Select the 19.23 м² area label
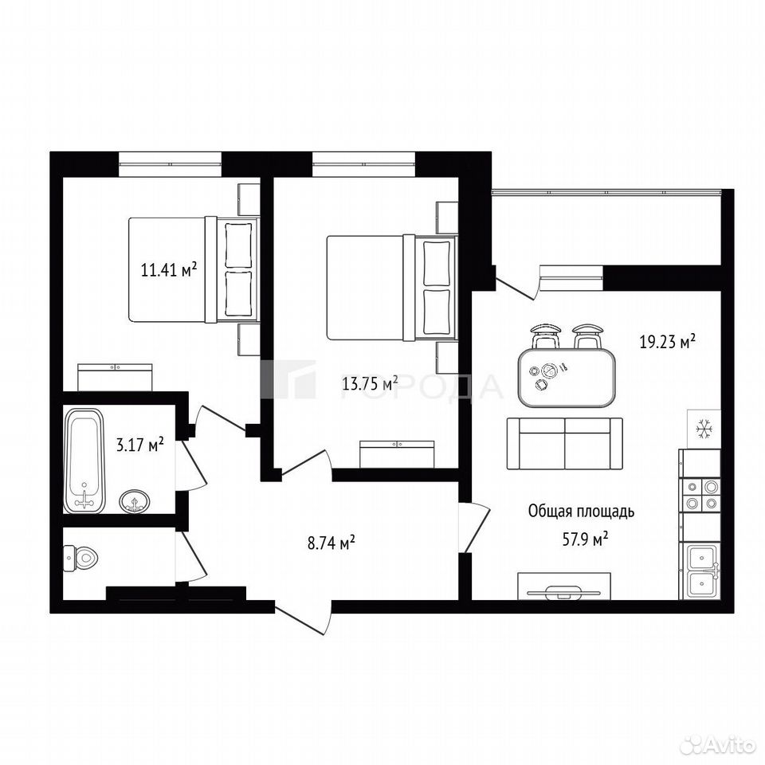668,342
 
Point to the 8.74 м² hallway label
331,543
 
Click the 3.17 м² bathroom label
139,445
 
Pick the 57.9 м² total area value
585,539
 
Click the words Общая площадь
581,512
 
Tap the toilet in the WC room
81,557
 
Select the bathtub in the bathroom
85,460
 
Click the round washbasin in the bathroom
135,501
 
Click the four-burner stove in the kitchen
700,494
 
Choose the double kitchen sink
701,571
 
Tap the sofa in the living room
565,443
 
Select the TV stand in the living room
564,586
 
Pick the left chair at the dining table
545,336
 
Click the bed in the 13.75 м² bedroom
392,288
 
